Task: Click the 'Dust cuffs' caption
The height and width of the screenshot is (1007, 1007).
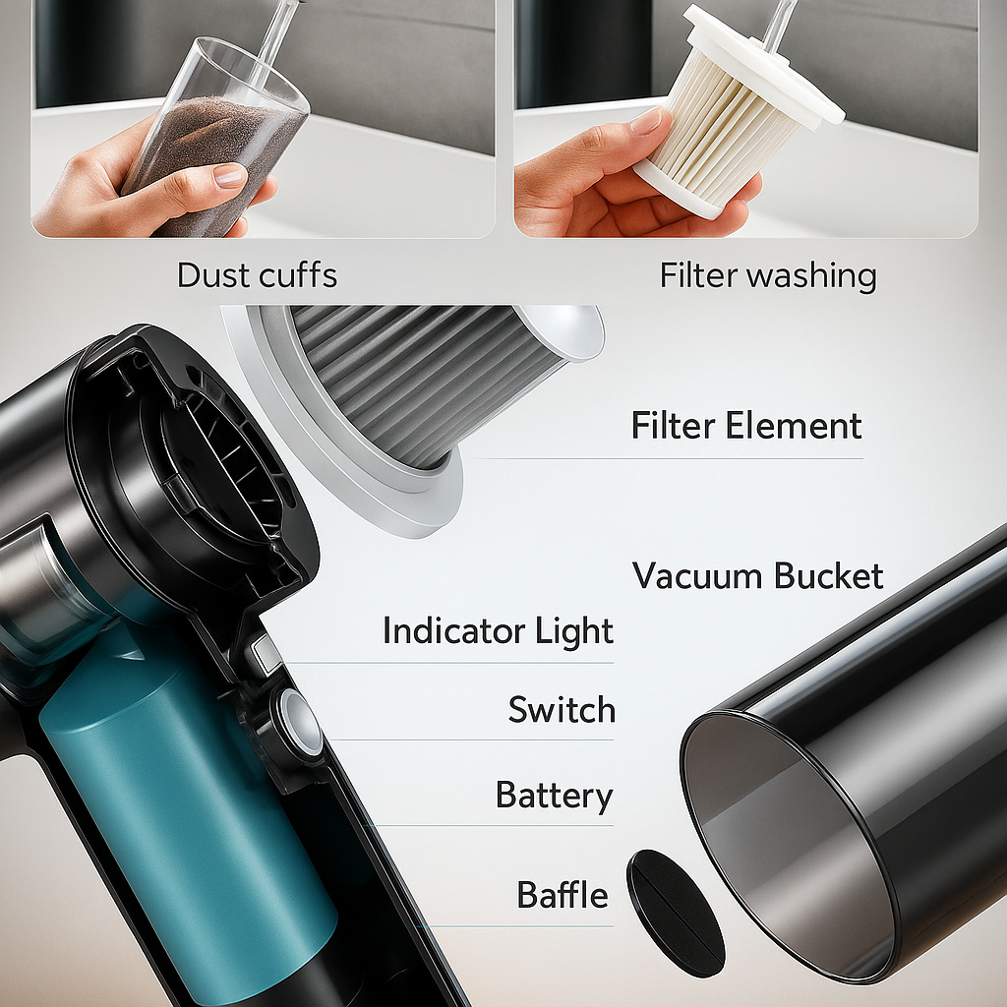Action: [x=257, y=275]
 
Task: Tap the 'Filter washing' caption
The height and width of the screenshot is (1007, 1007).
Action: [x=768, y=276]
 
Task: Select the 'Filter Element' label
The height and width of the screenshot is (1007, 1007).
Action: [x=746, y=425]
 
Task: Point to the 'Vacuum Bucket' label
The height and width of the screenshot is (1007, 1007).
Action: [x=758, y=575]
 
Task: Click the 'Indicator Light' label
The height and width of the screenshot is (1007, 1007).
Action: [x=499, y=630]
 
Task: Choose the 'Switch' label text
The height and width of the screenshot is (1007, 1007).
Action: [x=562, y=710]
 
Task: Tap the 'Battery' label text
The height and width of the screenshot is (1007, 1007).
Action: [x=555, y=796]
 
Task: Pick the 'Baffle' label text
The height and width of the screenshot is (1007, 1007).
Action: [x=563, y=895]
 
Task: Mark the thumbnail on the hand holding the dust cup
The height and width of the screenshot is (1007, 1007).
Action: [x=229, y=175]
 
